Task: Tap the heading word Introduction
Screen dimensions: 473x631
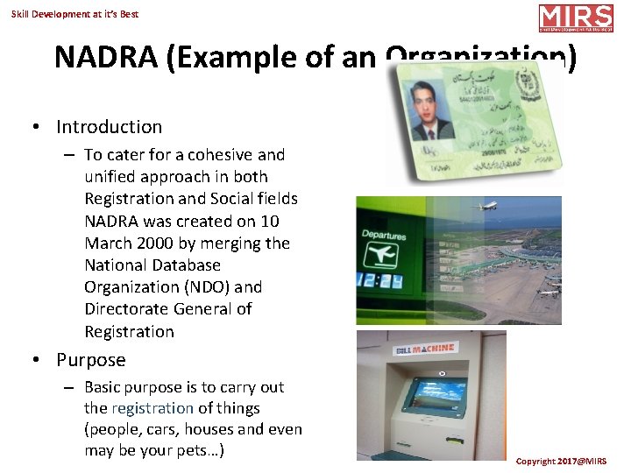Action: [109, 127]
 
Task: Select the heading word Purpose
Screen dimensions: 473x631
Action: [91, 360]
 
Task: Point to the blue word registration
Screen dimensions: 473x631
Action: [152, 408]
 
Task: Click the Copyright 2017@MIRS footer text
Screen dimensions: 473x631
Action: [561, 461]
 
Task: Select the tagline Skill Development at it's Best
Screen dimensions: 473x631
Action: [75, 14]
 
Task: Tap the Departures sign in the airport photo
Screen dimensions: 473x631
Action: [384, 236]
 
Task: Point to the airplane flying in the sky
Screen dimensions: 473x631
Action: [486, 208]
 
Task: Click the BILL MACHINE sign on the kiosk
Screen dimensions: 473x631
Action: [425, 348]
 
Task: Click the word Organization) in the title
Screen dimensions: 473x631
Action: [481, 57]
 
